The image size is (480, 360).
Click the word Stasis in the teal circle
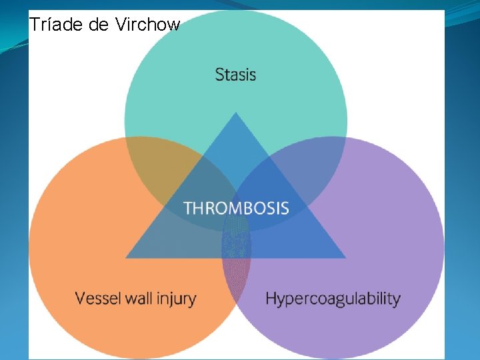coord(235,74)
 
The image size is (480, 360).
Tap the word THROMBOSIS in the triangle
coord(236,207)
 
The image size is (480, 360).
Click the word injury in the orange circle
coord(175,299)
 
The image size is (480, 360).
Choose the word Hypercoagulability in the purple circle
coord(333,299)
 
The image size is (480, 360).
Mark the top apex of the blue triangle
coord(235,113)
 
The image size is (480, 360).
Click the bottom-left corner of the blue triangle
coord(127,257)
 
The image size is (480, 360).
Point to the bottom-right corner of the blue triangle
coord(345,257)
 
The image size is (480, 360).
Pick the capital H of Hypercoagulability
coord(271,298)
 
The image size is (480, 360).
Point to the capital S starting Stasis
coord(219,74)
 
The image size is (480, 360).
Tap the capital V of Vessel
coord(80,297)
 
